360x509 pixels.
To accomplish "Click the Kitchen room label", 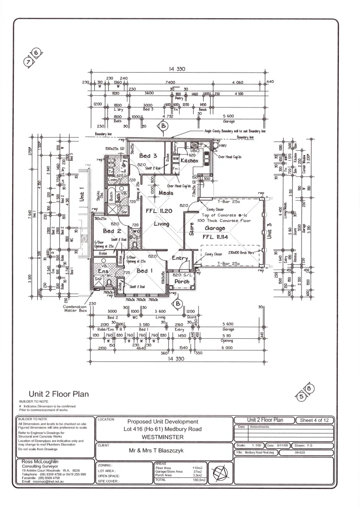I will pyautogui.click(x=189, y=161).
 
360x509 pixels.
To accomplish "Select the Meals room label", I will pyautogui.click(x=166, y=192).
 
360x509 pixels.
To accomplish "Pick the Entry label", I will pyautogui.click(x=180, y=258).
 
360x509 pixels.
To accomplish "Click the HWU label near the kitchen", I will pyautogui.click(x=223, y=147).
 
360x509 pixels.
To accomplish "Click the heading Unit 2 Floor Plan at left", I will pyautogui.click(x=59, y=394).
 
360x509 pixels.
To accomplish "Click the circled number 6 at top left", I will pyautogui.click(x=37, y=52).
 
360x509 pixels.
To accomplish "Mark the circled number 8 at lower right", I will pyautogui.click(x=309, y=389).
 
